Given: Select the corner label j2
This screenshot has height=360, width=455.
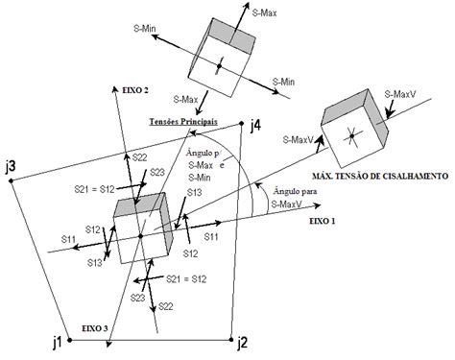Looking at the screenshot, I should click(242, 341).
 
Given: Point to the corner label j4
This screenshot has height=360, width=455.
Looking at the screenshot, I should click(253, 125).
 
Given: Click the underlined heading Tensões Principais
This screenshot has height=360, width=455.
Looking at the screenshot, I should click(182, 123).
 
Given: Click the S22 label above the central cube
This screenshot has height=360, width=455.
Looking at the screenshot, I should click(139, 156).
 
